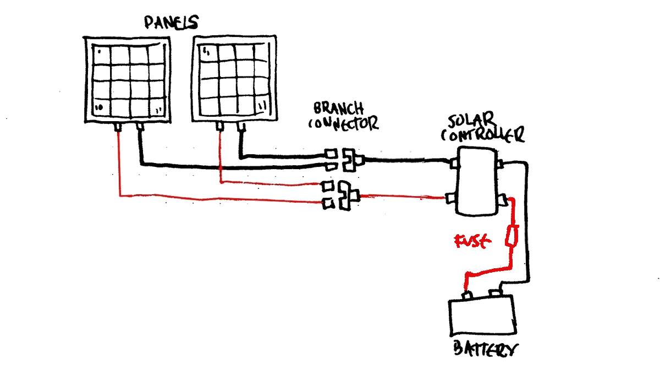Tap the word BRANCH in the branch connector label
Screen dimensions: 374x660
(338, 108)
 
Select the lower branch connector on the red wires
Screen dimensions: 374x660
(344, 196)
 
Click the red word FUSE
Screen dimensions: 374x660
(471, 241)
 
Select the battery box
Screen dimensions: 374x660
(482, 316)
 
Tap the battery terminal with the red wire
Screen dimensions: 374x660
(467, 295)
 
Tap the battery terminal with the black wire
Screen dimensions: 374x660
(497, 293)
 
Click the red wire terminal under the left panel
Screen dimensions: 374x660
(118, 128)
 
